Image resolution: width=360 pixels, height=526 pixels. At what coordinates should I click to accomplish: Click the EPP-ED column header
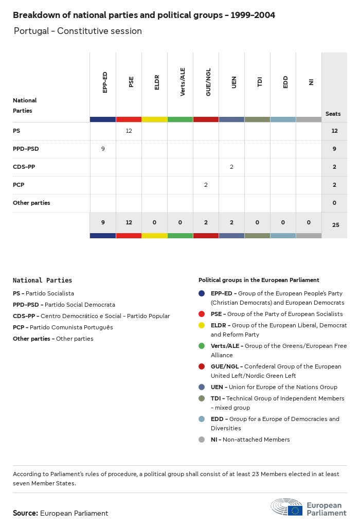coord(105,82)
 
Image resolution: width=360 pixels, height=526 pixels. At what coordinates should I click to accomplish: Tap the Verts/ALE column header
coord(183,82)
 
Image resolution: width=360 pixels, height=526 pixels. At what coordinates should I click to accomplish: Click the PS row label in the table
coord(17,131)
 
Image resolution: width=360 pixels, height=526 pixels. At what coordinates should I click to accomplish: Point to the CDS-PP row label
coord(24,167)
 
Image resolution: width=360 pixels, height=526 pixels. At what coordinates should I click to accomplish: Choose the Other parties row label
coord(31,203)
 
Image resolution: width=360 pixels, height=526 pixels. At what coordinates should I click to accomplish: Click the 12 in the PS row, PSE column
coord(129,131)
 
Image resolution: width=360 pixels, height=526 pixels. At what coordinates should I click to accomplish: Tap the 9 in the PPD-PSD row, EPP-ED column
coord(103,149)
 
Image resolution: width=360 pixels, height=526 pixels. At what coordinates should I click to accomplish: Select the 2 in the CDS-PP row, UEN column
coord(231,167)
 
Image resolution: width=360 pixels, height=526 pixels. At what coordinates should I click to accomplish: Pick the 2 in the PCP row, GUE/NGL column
coord(206,185)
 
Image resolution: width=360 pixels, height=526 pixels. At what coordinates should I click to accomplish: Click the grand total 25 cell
coord(335,225)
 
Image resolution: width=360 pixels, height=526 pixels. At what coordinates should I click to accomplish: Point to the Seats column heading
coord(333,114)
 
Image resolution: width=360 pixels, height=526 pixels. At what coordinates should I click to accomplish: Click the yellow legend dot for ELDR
coord(202,325)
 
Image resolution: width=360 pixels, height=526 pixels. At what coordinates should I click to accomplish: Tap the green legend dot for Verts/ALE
coord(202,346)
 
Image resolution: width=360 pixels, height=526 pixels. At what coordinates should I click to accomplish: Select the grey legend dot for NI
coord(202,440)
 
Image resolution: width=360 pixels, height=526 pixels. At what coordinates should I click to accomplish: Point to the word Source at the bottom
coord(25,513)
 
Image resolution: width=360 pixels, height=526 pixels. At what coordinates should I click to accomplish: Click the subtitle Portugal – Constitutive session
coord(78,31)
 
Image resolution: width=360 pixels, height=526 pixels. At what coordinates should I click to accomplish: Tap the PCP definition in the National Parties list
coord(63,327)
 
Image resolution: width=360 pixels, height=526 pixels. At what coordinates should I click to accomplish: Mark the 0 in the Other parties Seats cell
coord(334,203)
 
